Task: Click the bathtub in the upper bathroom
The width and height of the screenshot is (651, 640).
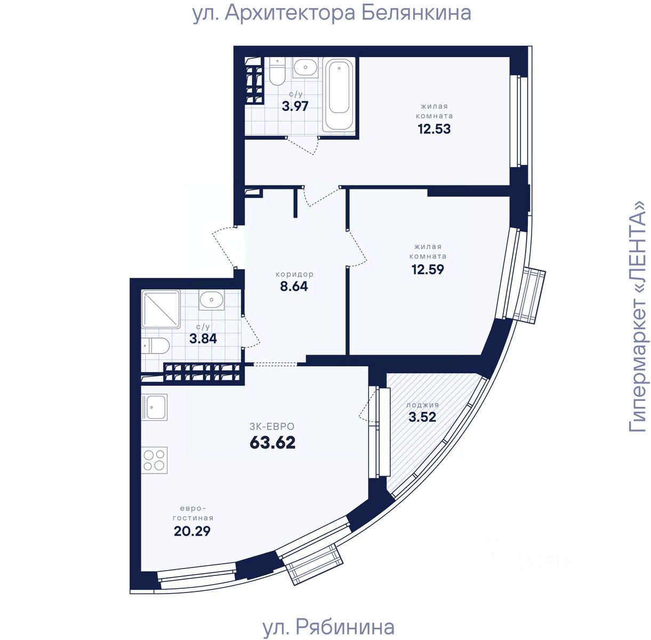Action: pyautogui.click(x=339, y=94)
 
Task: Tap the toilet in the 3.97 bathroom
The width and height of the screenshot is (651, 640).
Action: pyautogui.click(x=277, y=71)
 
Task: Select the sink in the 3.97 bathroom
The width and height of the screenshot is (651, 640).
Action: pyautogui.click(x=306, y=67)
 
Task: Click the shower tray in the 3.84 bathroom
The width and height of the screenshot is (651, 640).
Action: pyautogui.click(x=160, y=308)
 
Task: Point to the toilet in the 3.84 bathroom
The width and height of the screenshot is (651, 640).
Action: pyautogui.click(x=156, y=346)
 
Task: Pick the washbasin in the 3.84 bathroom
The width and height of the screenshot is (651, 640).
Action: pyautogui.click(x=212, y=300)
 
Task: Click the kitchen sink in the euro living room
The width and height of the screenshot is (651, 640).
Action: pyautogui.click(x=155, y=407)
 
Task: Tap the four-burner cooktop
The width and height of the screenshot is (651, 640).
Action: pyautogui.click(x=155, y=460)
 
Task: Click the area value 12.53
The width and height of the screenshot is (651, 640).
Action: pyautogui.click(x=434, y=129)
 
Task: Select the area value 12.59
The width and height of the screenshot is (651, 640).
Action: pyautogui.click(x=428, y=269)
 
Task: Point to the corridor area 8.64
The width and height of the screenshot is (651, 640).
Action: pyautogui.click(x=294, y=286)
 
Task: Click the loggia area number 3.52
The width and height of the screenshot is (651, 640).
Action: pyautogui.click(x=422, y=417)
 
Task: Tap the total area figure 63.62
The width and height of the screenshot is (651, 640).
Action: pyautogui.click(x=272, y=443)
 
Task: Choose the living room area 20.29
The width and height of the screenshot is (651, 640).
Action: pyautogui.click(x=192, y=531)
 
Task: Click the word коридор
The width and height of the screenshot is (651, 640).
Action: pyautogui.click(x=294, y=274)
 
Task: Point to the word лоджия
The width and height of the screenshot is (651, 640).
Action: pyautogui.click(x=422, y=405)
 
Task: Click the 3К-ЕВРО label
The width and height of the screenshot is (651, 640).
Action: pyautogui.click(x=272, y=427)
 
